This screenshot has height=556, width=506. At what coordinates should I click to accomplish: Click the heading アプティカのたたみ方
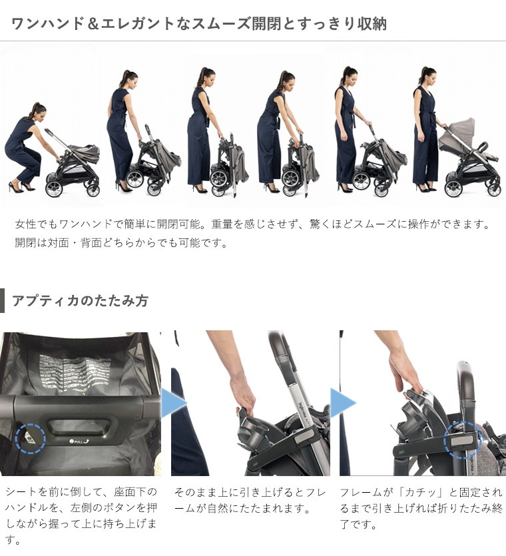[80, 300]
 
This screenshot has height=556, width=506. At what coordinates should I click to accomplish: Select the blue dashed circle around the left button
[30, 437]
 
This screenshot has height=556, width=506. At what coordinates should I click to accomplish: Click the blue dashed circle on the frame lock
[461, 439]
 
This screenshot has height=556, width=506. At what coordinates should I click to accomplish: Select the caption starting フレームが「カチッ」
[420, 509]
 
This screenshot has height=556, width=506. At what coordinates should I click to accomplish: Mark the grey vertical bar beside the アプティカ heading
[2, 300]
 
